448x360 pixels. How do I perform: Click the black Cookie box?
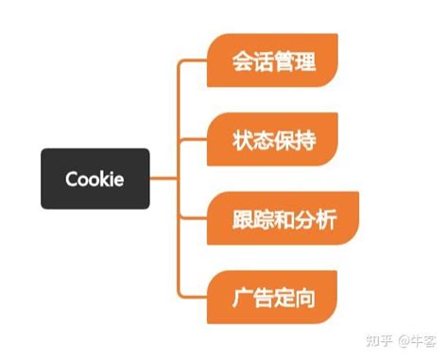tap(95, 179)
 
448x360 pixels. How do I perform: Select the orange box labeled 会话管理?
tap(272, 61)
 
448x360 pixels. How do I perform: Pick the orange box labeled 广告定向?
tap(272, 299)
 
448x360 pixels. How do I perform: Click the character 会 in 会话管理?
tap(243, 61)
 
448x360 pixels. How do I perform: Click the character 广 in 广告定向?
tap(243, 300)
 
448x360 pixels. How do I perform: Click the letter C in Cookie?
tap(72, 180)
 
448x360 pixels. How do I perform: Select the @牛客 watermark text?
tap(415, 338)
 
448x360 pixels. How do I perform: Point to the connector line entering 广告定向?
tap(194, 299)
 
